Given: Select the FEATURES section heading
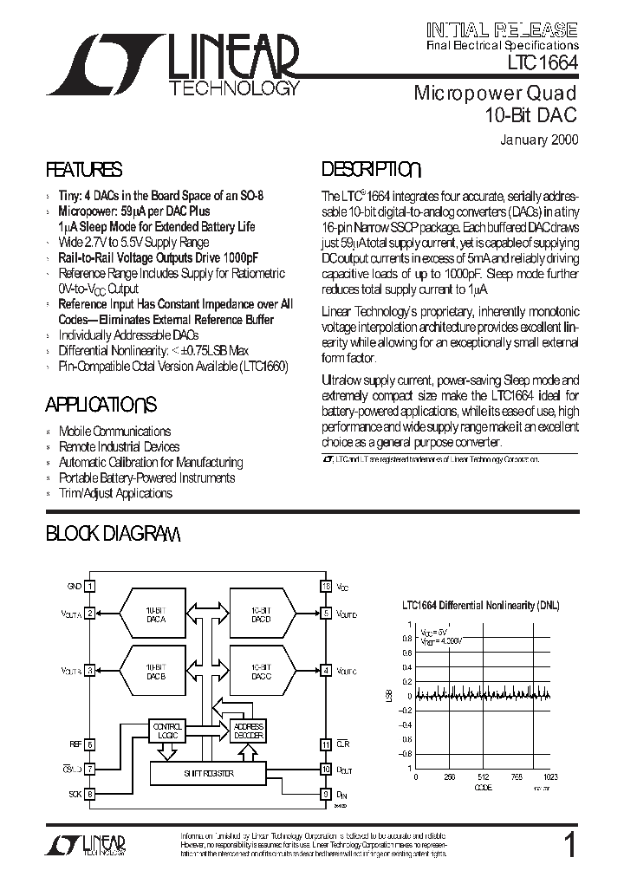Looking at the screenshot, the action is coord(83,170).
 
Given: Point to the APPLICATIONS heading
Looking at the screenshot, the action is coord(101,405).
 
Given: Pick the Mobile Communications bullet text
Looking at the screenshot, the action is coord(114,432).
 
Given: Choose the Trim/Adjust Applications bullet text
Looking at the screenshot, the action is coord(115,494).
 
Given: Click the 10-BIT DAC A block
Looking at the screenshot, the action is coord(155,614).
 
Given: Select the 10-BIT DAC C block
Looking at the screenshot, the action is coord(259,670).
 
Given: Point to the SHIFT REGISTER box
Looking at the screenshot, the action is coord(209,773).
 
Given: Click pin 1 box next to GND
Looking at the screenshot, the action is coord(90,587).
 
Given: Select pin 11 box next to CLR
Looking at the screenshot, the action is coord(326,744).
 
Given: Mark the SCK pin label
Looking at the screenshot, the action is coord(75,793).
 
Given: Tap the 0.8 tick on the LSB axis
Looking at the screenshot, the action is coord(406,639).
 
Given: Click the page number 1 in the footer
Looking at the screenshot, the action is coord(569,845).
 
